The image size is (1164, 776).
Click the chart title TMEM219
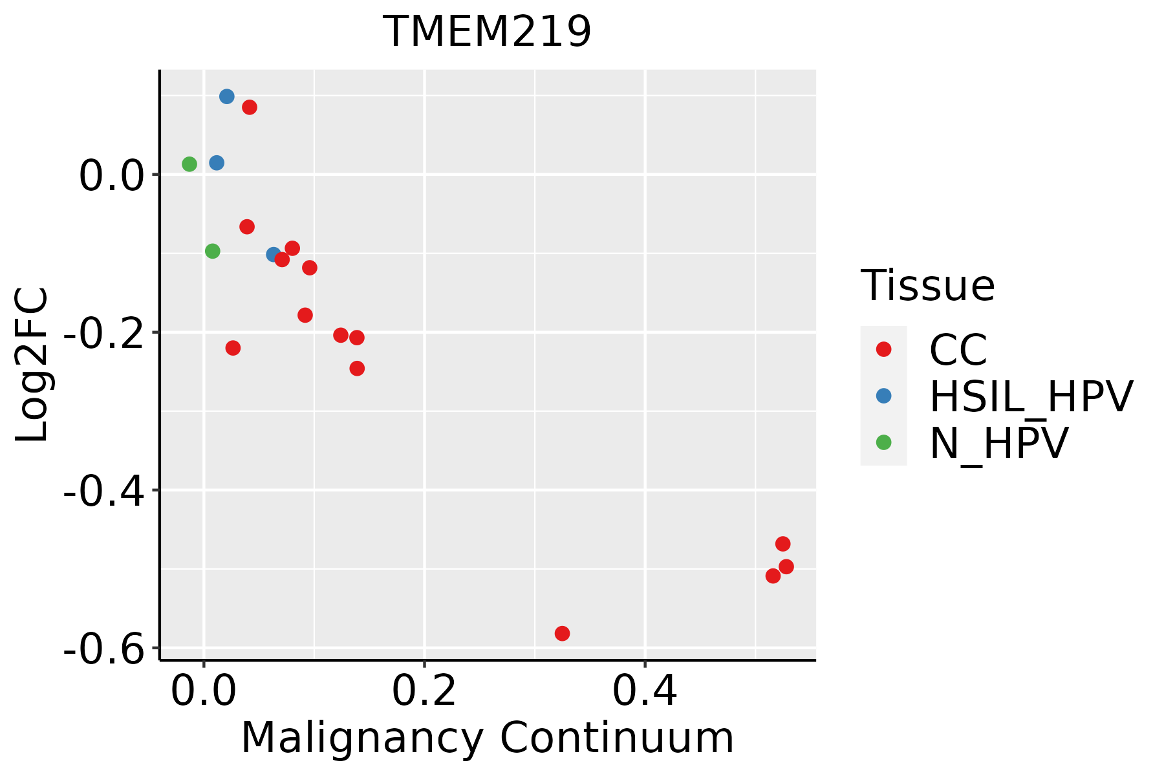pyautogui.click(x=487, y=32)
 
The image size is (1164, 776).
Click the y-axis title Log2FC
pyautogui.click(x=32, y=364)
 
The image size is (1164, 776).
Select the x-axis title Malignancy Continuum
pyautogui.click(x=487, y=738)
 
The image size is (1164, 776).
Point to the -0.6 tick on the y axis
pyautogui.click(x=103, y=649)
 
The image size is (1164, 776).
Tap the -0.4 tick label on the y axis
pyautogui.click(x=103, y=491)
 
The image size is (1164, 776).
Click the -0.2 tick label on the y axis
pyautogui.click(x=103, y=333)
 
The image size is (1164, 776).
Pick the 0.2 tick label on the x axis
pyautogui.click(x=424, y=691)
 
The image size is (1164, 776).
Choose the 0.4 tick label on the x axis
pyautogui.click(x=645, y=691)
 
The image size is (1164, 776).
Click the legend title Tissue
pyautogui.click(x=927, y=285)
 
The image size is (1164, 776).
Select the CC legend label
pyautogui.click(x=958, y=350)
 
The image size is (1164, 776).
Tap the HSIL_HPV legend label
pyautogui.click(x=1031, y=396)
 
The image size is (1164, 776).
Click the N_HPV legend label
pyautogui.click(x=998, y=443)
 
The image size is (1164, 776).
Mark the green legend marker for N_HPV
pyautogui.click(x=883, y=442)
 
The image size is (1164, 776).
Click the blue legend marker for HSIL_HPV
pyautogui.click(x=883, y=396)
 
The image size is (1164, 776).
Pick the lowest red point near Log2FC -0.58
pyautogui.click(x=562, y=633)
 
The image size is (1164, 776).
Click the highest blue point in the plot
pyautogui.click(x=226, y=96)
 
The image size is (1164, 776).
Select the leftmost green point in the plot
pyautogui.click(x=189, y=164)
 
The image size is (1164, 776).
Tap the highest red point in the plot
pyautogui.click(x=249, y=107)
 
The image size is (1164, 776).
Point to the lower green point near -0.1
pyautogui.click(x=212, y=251)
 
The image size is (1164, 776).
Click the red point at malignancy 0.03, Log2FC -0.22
pyautogui.click(x=233, y=348)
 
